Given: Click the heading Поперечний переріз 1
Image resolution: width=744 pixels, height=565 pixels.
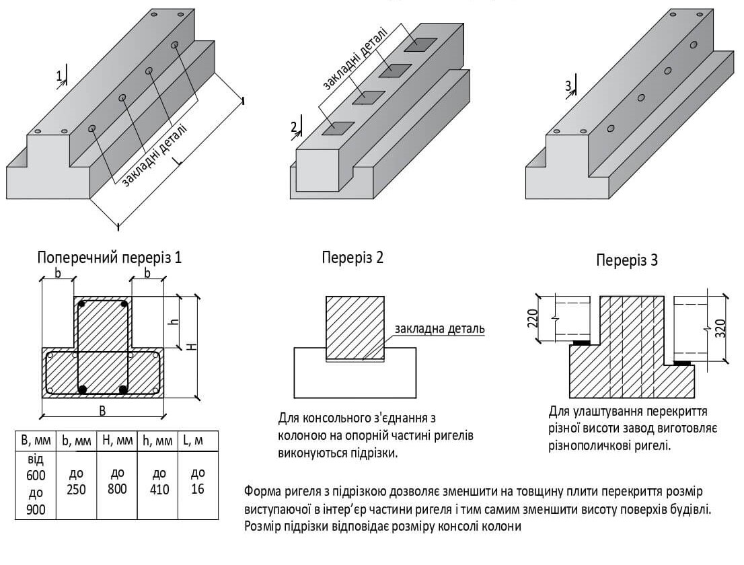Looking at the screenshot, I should coord(110,258).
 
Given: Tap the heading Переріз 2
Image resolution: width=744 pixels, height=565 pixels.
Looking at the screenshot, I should coord(352,257).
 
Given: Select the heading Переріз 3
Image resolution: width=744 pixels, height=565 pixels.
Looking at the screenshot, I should coord(627,261).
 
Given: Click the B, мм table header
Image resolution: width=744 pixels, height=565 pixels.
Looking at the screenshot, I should coord(35,441).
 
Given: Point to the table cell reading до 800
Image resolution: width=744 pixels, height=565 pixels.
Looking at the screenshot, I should coord(117,481).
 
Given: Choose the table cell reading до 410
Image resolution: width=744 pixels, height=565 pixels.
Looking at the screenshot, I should coord(159,481).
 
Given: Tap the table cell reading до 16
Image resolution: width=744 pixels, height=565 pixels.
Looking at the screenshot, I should coord(198,481).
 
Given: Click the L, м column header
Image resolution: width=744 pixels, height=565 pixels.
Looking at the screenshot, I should coord(198,441).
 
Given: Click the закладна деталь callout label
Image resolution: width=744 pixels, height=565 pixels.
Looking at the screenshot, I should coord(439,329).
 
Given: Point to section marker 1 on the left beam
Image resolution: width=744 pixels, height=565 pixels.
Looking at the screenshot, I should coord(59,77).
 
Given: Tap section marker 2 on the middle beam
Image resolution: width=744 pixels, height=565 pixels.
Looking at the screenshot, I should coord(294,126).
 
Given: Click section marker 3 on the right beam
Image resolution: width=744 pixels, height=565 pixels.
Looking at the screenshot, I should coord(568,85).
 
